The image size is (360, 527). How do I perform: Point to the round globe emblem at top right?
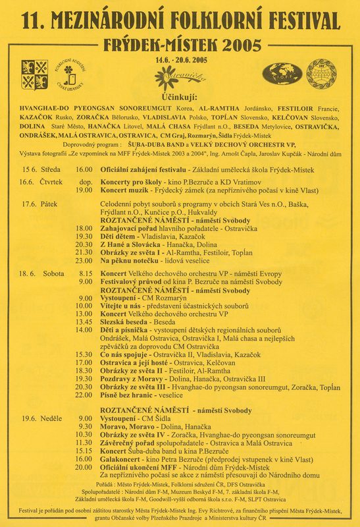322,72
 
